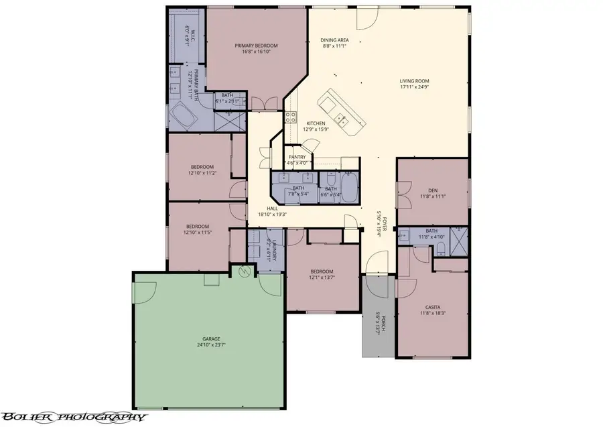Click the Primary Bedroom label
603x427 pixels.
click(256, 46)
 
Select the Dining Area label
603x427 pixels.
click(335, 41)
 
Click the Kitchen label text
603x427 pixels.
click(316, 123)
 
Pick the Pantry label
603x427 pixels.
click(297, 157)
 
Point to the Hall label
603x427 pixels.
click(272, 208)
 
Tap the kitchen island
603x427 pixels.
click(342, 111)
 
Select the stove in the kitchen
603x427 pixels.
click(291, 117)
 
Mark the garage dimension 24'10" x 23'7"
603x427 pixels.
click(211, 347)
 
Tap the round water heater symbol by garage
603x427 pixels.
click(245, 271)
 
